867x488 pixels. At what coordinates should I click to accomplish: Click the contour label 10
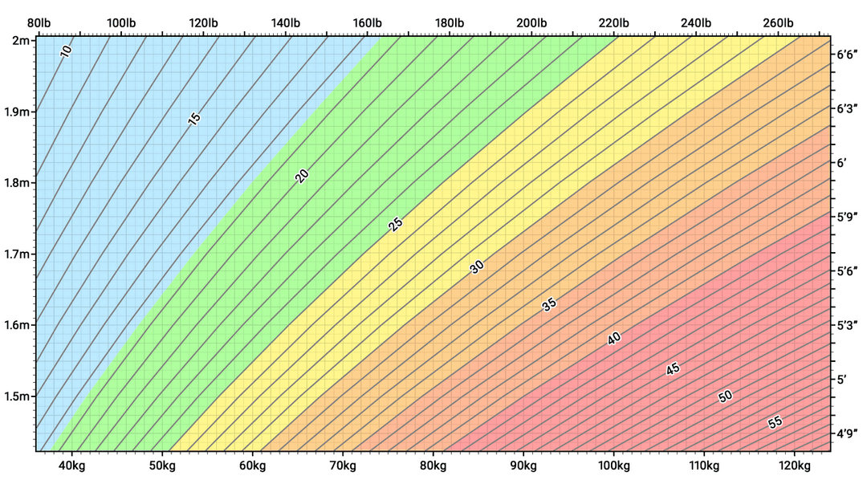pyautogui.click(x=67, y=51)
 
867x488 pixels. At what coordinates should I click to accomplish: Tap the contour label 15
pyautogui.click(x=193, y=119)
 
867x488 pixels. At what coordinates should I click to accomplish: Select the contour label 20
pyautogui.click(x=302, y=177)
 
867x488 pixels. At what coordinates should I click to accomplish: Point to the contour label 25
pyautogui.click(x=395, y=225)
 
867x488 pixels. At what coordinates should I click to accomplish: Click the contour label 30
pyautogui.click(x=477, y=267)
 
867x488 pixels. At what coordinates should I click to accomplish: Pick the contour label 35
pyautogui.click(x=549, y=304)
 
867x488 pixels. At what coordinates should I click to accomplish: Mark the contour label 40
pyautogui.click(x=614, y=339)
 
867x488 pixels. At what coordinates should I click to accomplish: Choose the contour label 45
pyautogui.click(x=673, y=369)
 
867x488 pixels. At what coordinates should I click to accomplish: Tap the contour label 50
pyautogui.click(x=725, y=396)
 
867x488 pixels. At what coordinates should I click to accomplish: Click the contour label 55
pyautogui.click(x=775, y=422)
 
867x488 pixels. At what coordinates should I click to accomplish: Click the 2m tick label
pyautogui.click(x=20, y=40)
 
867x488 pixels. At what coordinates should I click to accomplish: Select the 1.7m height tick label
pyautogui.click(x=16, y=254)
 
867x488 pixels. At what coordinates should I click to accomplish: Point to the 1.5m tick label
pyautogui.click(x=16, y=396)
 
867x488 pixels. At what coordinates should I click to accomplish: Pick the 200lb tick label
pyautogui.click(x=531, y=22)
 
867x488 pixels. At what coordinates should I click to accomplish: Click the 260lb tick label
pyautogui.click(x=778, y=22)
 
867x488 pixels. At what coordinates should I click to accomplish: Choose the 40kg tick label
pyautogui.click(x=71, y=466)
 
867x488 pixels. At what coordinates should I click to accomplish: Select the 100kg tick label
pyautogui.click(x=614, y=466)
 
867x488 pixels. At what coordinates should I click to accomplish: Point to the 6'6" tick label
pyautogui.click(x=847, y=55)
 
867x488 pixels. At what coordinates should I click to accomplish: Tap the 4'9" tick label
pyautogui.click(x=847, y=434)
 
